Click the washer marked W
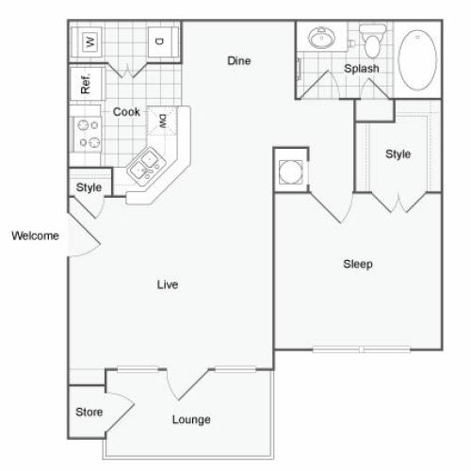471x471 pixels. pyautogui.click(x=87, y=41)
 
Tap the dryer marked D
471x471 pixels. pyautogui.click(x=163, y=41)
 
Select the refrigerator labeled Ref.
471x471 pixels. pyautogui.click(x=86, y=84)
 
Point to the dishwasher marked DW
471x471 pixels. pyautogui.click(x=162, y=121)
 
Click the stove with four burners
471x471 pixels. pyautogui.click(x=88, y=135)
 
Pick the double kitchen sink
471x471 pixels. pyautogui.click(x=146, y=167)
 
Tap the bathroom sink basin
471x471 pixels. pyautogui.click(x=321, y=38)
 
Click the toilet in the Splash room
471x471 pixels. pyautogui.click(x=373, y=41)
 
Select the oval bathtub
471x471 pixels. pyautogui.click(x=417, y=60)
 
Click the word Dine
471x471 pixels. pyautogui.click(x=239, y=60)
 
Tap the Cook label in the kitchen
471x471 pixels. pyautogui.click(x=126, y=112)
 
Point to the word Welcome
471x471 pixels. pyautogui.click(x=35, y=235)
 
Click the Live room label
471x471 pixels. pyautogui.click(x=168, y=284)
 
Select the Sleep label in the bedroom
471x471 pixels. pyautogui.click(x=358, y=264)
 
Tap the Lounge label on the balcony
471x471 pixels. pyautogui.click(x=191, y=420)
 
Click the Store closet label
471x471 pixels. pyautogui.click(x=89, y=412)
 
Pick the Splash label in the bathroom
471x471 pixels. pyautogui.click(x=362, y=69)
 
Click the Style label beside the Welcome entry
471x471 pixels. pyautogui.click(x=89, y=187)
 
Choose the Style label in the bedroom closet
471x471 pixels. pyautogui.click(x=398, y=154)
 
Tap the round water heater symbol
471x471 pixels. pyautogui.click(x=291, y=171)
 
